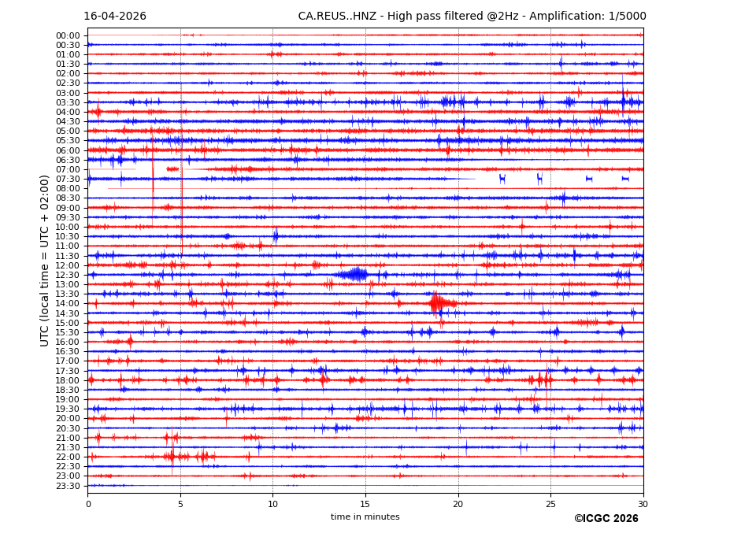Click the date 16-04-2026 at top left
click(x=115, y=17)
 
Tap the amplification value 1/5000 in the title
click(x=626, y=17)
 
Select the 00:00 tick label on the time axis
click(x=68, y=35)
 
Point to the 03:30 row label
click(x=68, y=102)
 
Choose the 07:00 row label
click(x=68, y=169)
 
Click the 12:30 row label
click(x=68, y=275)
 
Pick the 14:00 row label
click(x=68, y=304)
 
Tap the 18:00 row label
click(x=68, y=380)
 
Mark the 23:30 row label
click(x=68, y=486)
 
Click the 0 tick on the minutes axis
click(x=88, y=503)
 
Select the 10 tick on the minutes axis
click(x=273, y=503)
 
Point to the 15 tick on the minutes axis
click(x=365, y=503)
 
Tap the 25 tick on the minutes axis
click(x=550, y=503)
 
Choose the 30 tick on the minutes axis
click(x=643, y=503)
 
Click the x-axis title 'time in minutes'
click(x=365, y=517)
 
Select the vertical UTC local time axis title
click(x=46, y=261)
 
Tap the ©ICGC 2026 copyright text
click(x=606, y=519)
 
